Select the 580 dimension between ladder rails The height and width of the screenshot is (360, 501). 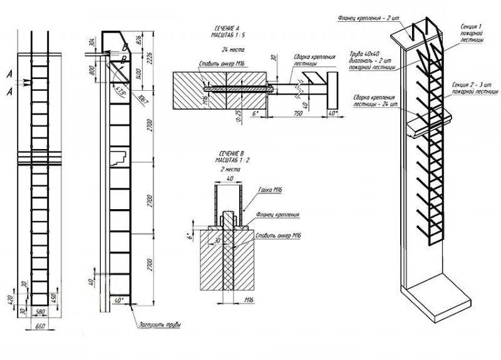(x=40, y=311)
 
